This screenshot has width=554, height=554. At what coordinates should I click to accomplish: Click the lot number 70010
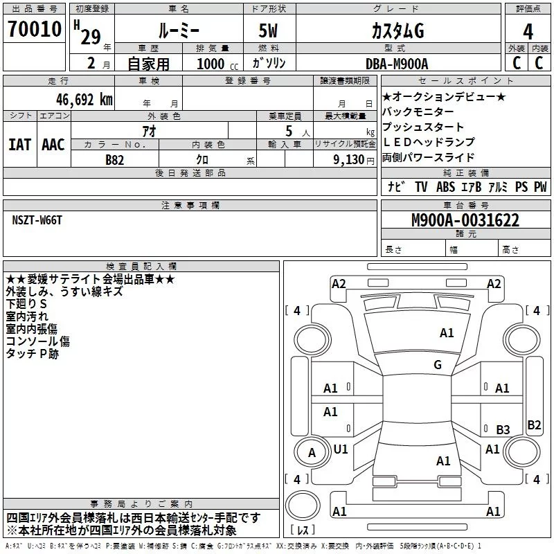(x=34, y=29)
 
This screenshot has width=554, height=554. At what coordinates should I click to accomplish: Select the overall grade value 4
(x=528, y=31)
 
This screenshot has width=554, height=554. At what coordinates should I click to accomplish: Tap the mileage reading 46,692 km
(x=81, y=99)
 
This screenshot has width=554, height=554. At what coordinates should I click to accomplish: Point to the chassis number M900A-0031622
(x=465, y=220)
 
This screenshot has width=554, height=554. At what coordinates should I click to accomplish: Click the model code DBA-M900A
(x=397, y=64)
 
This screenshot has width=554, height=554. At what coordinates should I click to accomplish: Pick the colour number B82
(x=115, y=159)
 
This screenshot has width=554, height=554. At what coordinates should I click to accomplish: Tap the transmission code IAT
(x=19, y=145)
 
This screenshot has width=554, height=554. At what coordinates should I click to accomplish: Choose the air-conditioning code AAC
(x=53, y=145)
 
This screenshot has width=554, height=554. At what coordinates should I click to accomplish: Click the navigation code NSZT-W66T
(x=37, y=220)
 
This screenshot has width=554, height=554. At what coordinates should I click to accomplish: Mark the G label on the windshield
(x=437, y=365)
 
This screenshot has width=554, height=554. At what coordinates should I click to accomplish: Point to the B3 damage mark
(x=503, y=429)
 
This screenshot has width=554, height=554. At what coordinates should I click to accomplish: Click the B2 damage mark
(x=534, y=425)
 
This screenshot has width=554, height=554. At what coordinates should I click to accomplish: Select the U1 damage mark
(x=341, y=449)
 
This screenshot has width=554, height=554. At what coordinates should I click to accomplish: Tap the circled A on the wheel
(x=312, y=453)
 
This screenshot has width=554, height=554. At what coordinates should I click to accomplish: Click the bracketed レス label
(x=303, y=530)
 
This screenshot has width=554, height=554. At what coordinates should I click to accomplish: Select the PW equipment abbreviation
(x=540, y=187)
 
